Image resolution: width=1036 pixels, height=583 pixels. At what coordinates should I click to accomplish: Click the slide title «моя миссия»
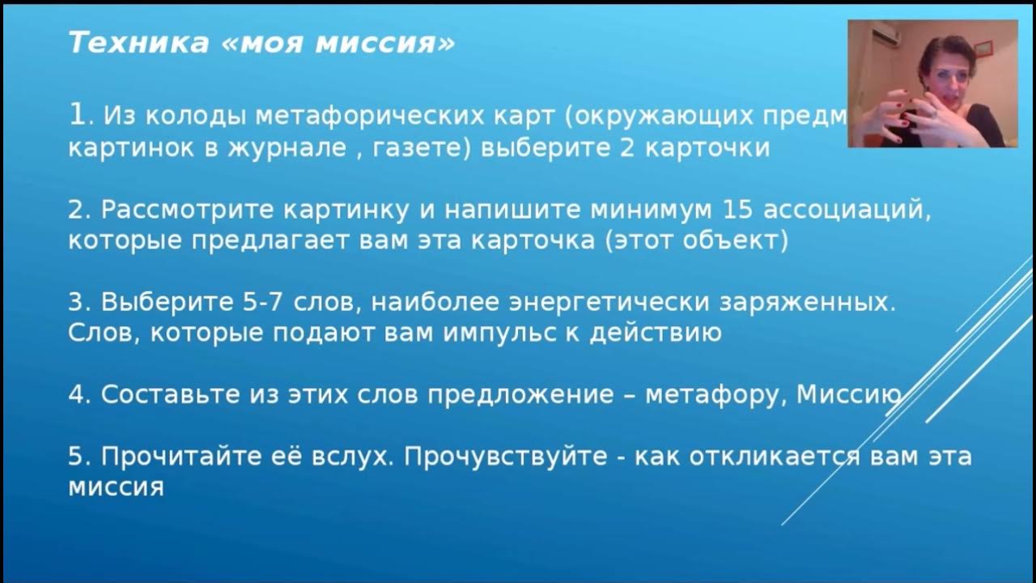tap(261, 43)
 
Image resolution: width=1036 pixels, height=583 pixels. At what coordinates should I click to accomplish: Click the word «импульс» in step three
tap(482, 333)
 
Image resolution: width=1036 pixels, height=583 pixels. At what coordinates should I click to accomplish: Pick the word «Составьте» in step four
tap(167, 394)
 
